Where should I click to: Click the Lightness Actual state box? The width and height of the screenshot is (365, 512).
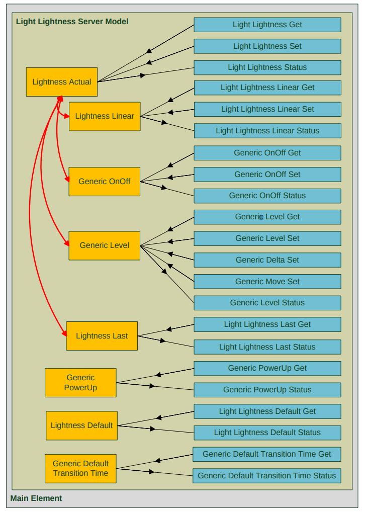(61, 81)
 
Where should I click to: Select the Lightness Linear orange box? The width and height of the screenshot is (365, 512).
(104, 116)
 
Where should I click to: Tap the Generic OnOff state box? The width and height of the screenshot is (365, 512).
(104, 181)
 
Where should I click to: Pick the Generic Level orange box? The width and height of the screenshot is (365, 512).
(104, 245)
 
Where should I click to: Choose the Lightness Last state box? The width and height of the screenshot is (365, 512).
(102, 335)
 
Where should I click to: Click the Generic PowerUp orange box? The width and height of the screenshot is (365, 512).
(80, 383)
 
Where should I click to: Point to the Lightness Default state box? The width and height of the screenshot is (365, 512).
(81, 425)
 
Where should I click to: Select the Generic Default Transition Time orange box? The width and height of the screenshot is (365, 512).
(80, 468)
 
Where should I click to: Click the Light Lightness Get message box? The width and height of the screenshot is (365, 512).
(267, 25)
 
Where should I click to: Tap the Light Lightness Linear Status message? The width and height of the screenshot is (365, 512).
(267, 130)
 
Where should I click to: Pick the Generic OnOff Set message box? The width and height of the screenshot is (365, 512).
(267, 174)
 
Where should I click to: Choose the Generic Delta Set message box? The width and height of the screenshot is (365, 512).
(267, 260)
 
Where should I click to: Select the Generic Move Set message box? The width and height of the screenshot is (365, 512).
(267, 281)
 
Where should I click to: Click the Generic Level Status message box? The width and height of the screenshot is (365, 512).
(267, 303)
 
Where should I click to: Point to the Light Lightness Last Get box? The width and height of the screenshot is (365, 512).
(267, 324)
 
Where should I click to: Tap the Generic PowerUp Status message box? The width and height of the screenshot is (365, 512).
(267, 390)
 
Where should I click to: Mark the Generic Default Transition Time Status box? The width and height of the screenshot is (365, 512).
(266, 475)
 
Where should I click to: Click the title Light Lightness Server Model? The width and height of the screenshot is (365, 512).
(72, 22)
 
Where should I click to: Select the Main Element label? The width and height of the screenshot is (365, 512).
(36, 498)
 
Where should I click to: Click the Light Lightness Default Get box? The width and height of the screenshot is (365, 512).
(267, 411)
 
